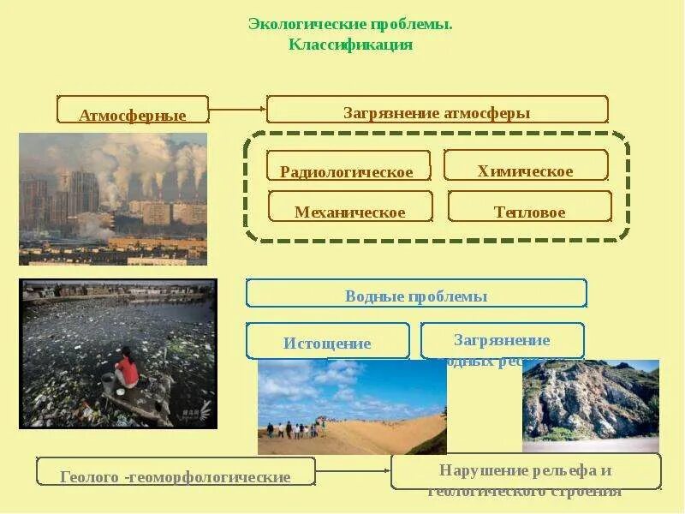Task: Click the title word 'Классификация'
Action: (351, 45)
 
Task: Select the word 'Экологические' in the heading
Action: (307, 24)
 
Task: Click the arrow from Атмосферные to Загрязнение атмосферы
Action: (237, 109)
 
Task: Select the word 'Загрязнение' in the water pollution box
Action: (502, 340)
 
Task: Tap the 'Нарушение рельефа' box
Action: (525, 471)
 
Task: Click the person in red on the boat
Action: (127, 370)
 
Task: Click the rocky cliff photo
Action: (590, 403)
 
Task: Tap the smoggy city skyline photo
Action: (113, 199)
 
